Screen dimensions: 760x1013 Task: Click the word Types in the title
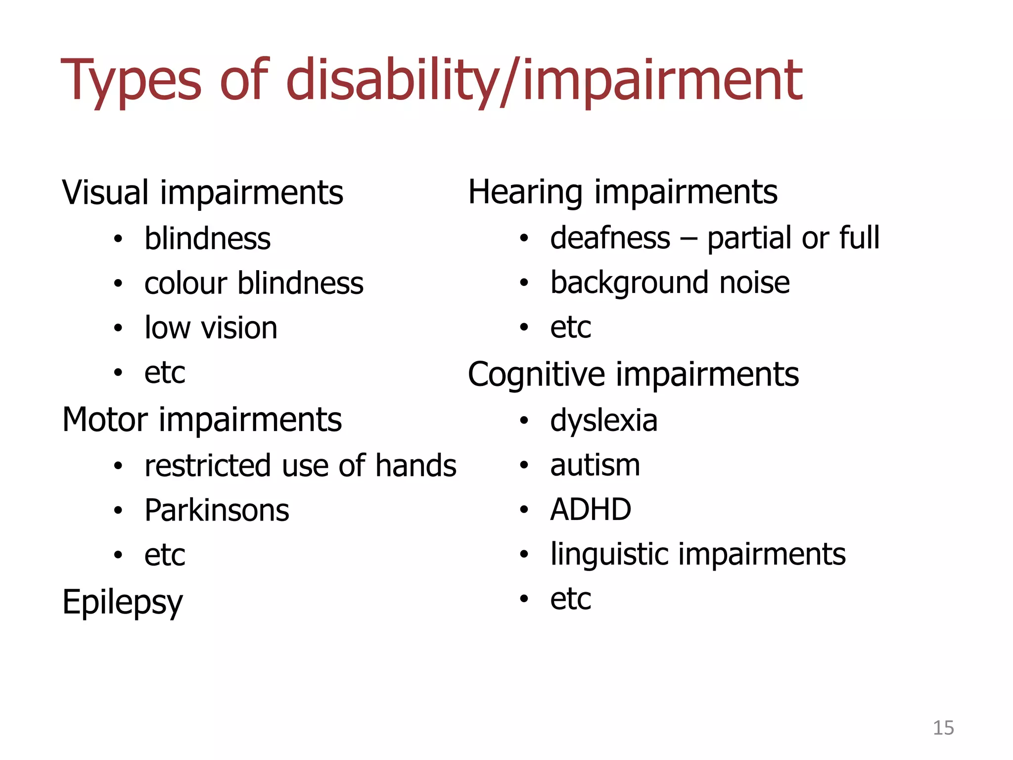pyautogui.click(x=131, y=82)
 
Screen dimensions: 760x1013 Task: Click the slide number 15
pyautogui.click(x=943, y=728)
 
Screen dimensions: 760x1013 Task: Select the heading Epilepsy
pyautogui.click(x=122, y=603)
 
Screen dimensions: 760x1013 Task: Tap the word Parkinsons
pyautogui.click(x=217, y=510)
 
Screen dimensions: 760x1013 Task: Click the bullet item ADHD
pyautogui.click(x=591, y=509)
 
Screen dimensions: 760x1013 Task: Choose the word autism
pyautogui.click(x=595, y=465)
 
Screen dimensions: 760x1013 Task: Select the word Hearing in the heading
pyautogui.click(x=525, y=192)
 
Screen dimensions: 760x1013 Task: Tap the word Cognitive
pyautogui.click(x=536, y=375)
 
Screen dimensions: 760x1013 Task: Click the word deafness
pyautogui.click(x=610, y=238)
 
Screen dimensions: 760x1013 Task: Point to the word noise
pyautogui.click(x=754, y=283)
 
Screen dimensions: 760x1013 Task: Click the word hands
pyautogui.click(x=415, y=466)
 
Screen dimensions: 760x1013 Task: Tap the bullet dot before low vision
pyautogui.click(x=118, y=329)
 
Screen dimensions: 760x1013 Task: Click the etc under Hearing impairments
pyautogui.click(x=570, y=328)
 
